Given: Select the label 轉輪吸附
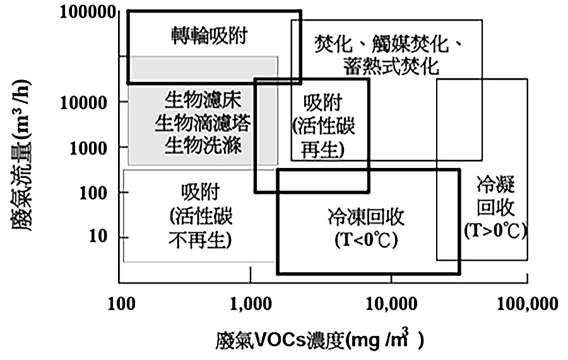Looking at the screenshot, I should tap(208, 35).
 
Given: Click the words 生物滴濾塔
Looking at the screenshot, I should tap(203, 123).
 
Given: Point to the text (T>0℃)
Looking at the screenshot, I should tap(495, 231).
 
